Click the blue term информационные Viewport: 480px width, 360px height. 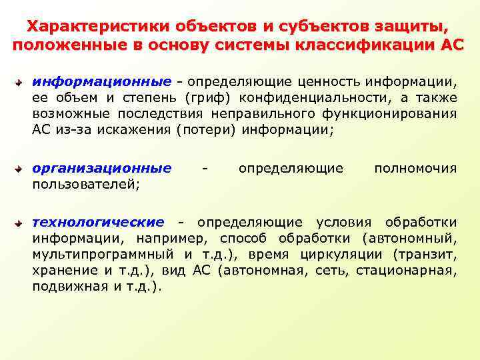[101, 82]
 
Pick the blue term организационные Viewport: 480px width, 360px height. [101, 169]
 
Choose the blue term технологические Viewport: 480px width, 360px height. [98, 222]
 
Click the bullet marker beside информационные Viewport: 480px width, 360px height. [21, 83]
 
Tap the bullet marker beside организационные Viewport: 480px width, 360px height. [21, 169]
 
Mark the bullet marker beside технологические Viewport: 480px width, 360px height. [21, 223]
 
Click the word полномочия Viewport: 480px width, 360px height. [415, 169]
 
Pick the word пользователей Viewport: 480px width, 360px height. [85, 185]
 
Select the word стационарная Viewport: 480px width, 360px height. [405, 270]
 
